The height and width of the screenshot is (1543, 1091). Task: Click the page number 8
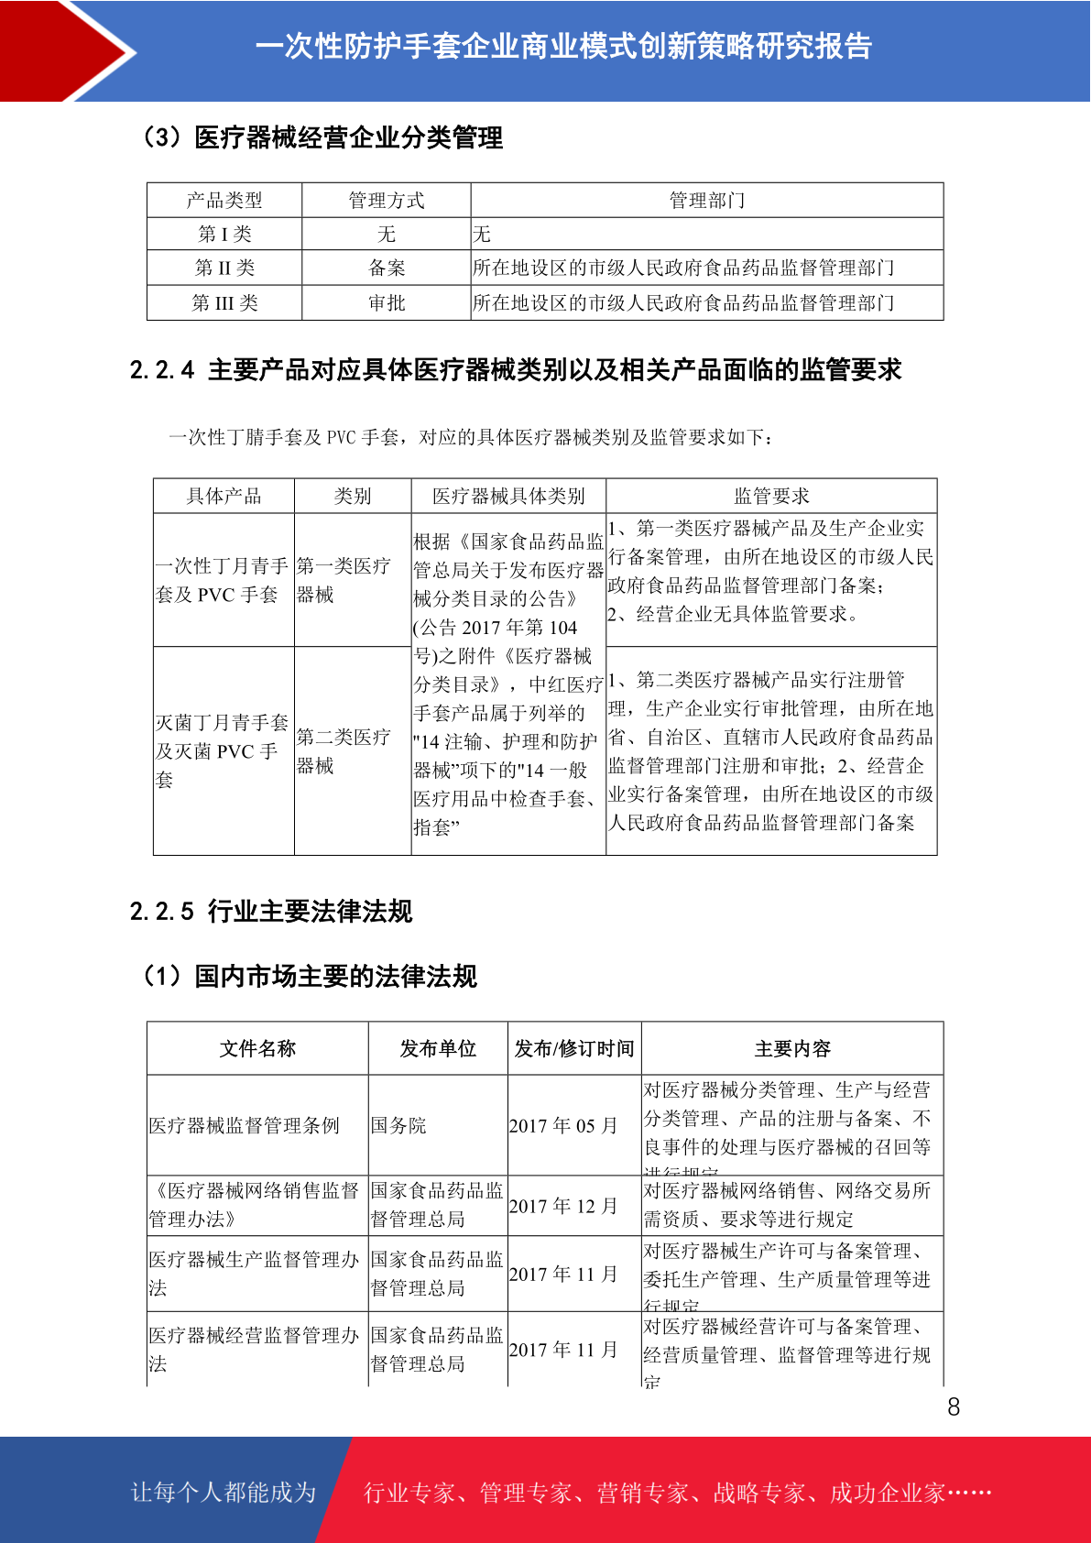[954, 1406]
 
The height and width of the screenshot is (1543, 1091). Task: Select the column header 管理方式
[386, 200]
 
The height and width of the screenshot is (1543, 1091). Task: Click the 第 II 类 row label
[224, 268]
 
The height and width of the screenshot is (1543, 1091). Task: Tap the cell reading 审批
[386, 302]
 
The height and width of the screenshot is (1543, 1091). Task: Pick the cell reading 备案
[386, 268]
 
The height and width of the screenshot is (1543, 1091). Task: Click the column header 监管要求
[771, 496]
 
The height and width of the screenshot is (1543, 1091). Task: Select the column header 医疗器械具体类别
[508, 496]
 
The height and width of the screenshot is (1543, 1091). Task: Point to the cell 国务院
[398, 1125]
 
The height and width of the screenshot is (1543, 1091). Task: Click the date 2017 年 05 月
[563, 1125]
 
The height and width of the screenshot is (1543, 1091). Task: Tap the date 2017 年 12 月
[563, 1206]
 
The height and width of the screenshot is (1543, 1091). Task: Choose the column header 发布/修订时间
[574, 1048]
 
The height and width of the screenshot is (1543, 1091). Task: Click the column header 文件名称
[257, 1048]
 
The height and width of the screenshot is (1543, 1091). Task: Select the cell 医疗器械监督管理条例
[245, 1125]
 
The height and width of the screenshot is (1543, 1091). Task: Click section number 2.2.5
[162, 912]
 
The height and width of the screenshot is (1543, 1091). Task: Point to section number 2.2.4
[162, 370]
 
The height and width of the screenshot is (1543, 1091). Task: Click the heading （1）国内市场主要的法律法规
[309, 977]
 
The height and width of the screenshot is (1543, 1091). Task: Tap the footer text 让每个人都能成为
[224, 1493]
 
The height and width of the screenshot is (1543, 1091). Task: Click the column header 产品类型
[224, 200]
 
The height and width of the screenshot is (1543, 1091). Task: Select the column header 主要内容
[792, 1048]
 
